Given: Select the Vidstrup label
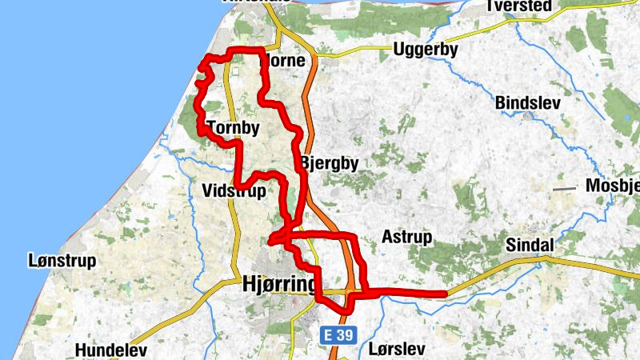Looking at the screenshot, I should pyautogui.click(x=234, y=190).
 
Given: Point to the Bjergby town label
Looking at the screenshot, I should pyautogui.click(x=330, y=163).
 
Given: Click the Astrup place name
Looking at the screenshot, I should pyautogui.click(x=406, y=238).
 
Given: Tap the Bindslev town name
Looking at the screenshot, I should pyautogui.click(x=528, y=103).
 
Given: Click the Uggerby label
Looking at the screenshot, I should pyautogui.click(x=425, y=50).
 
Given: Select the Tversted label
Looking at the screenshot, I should pyautogui.click(x=518, y=6).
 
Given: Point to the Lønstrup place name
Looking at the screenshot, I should pyautogui.click(x=62, y=261).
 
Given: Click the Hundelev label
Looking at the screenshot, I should pyautogui.click(x=111, y=350).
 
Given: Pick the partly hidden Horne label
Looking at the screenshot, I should pyautogui.click(x=285, y=60).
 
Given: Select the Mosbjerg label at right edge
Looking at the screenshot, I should pyautogui.click(x=614, y=186).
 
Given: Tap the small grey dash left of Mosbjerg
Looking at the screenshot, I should pyautogui.click(x=565, y=189).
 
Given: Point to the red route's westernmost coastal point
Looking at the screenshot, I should pyautogui.click(x=198, y=82).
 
